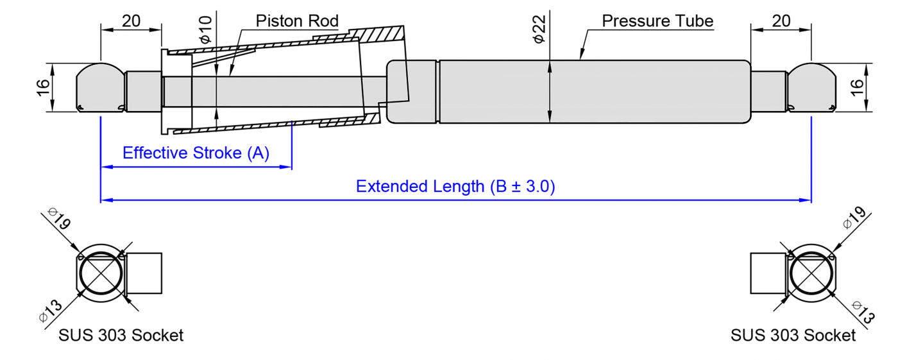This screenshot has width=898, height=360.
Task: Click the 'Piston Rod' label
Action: click(x=296, y=21)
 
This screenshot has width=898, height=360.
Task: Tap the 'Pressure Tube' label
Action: click(x=657, y=21)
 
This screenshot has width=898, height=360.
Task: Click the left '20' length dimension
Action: click(x=131, y=21)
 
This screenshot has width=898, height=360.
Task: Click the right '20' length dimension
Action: click(x=781, y=21)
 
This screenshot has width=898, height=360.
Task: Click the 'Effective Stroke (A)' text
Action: click(x=196, y=153)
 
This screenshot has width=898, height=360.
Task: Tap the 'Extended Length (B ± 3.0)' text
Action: click(x=455, y=187)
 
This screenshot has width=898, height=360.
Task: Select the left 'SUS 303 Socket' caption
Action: click(x=121, y=336)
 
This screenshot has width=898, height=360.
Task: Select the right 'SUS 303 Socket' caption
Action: click(x=793, y=336)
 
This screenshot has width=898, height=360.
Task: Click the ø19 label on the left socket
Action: click(x=59, y=220)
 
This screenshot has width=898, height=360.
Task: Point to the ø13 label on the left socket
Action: click(x=51, y=311)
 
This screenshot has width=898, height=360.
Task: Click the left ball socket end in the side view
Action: click(x=100, y=87)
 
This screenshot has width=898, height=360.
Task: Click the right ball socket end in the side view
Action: click(x=812, y=87)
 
